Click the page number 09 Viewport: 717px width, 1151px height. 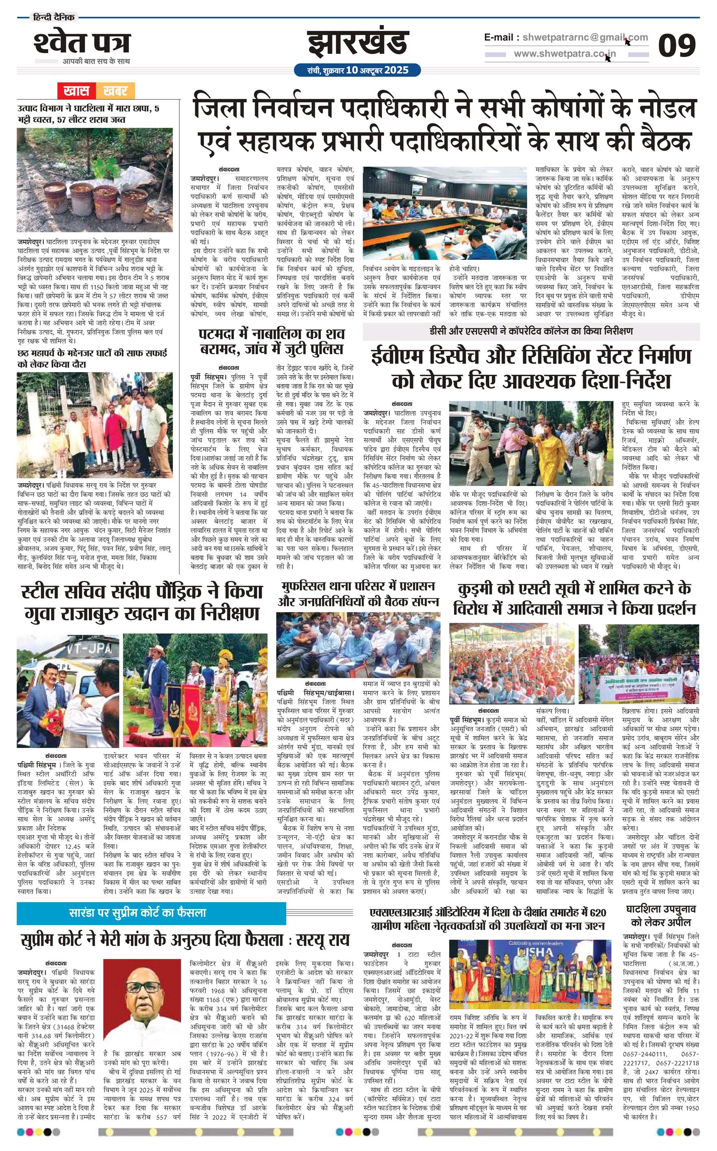coord(677,46)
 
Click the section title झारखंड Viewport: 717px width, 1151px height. coord(358,43)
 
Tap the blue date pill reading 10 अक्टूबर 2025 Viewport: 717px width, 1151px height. coord(358,70)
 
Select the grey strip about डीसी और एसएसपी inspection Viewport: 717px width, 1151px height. coord(531,331)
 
